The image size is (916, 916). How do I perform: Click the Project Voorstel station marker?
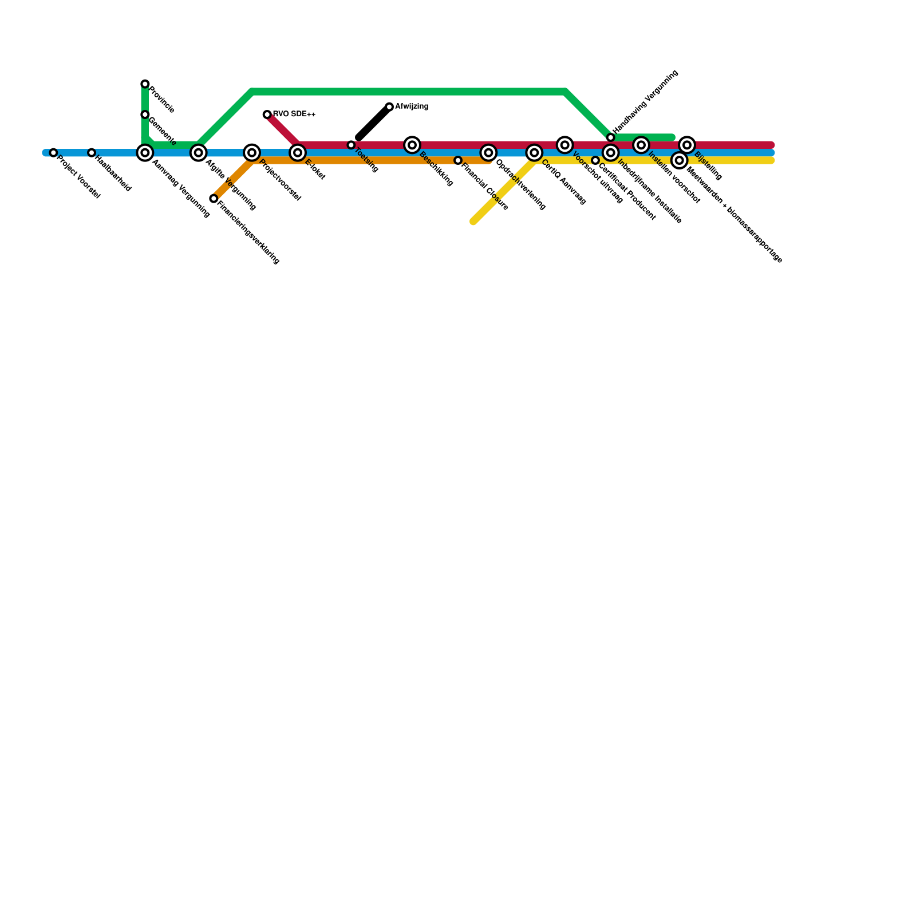53,153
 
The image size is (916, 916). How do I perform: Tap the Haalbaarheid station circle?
92,153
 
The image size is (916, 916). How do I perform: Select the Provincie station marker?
145,84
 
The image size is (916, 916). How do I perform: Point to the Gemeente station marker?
145,114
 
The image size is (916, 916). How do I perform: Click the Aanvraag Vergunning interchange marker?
145,153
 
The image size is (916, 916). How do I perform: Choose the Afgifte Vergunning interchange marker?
198,153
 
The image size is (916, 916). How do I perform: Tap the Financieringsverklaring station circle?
214,199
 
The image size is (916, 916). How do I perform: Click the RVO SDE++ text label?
294,114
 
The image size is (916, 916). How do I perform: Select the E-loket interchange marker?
297,153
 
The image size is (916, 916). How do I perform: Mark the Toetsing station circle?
351,145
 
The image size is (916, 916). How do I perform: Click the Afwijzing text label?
412,106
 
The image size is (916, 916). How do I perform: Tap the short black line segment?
373,123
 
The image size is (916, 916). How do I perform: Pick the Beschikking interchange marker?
412,145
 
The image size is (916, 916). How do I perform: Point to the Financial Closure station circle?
458,160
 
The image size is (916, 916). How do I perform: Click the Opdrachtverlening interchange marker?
488,153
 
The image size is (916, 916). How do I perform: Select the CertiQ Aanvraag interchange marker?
534,153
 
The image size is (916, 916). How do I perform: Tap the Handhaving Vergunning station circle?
611,137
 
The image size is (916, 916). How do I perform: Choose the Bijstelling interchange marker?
687,145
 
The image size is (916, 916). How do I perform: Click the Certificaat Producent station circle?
595,160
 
